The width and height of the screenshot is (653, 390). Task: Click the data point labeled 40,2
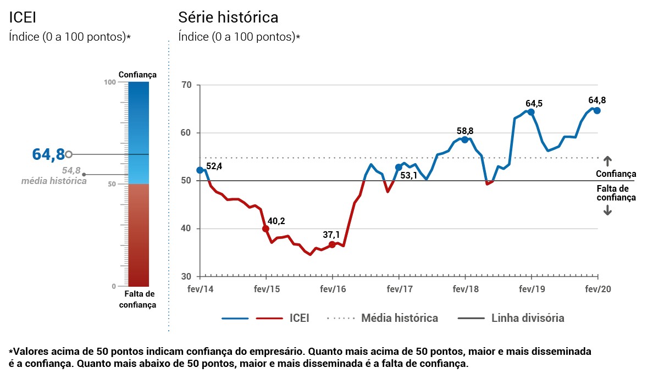[266, 229]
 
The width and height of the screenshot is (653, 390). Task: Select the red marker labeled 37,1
[332, 244]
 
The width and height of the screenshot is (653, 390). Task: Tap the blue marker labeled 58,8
[464, 140]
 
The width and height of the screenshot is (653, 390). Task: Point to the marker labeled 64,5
[531, 112]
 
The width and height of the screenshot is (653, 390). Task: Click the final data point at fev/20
[597, 110]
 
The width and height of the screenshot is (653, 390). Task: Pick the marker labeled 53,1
[399, 167]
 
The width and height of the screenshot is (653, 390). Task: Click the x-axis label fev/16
[332, 289]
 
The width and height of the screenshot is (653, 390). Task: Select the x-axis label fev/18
[464, 289]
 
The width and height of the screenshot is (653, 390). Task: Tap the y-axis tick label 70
[186, 85]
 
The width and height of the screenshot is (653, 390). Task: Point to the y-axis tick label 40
[186, 229]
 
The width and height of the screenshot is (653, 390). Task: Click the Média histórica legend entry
[399, 318]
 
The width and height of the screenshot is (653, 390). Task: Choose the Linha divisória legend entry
[527, 318]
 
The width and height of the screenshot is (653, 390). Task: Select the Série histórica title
[228, 18]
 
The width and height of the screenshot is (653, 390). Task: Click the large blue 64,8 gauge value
[48, 154]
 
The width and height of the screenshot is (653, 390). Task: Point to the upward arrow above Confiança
[607, 161]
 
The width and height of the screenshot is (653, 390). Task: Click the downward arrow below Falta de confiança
[607, 210]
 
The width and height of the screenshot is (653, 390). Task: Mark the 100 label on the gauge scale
[110, 82]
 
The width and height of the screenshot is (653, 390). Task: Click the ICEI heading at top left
[23, 18]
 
